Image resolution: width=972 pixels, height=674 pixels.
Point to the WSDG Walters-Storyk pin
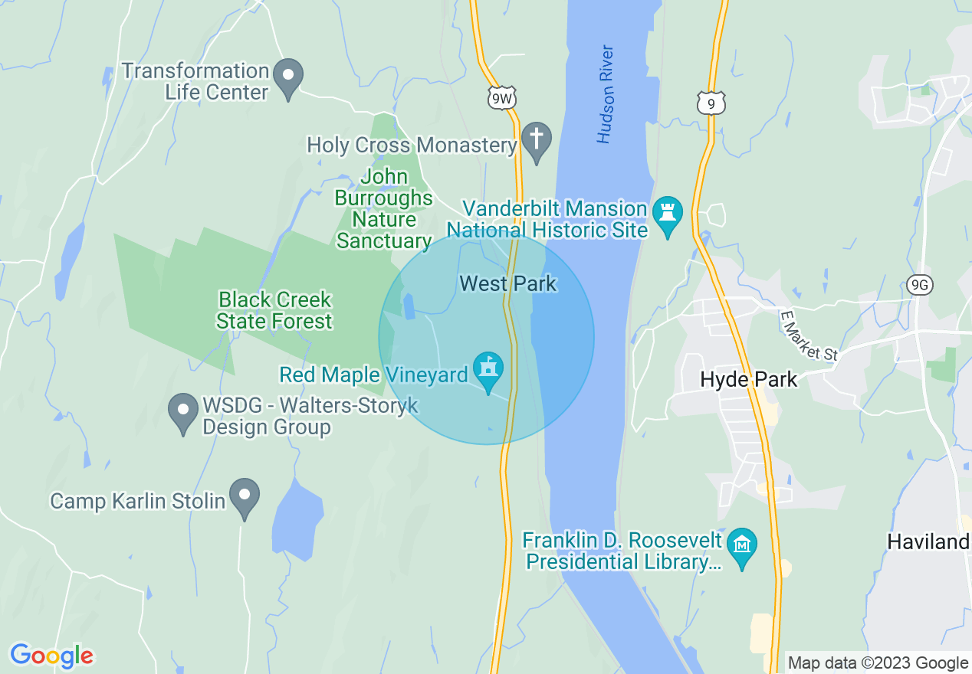click(x=183, y=411)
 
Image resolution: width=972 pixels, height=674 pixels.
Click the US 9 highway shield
click(x=711, y=102)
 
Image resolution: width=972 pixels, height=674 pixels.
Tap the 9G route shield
click(x=918, y=285)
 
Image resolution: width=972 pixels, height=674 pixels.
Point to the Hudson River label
click(x=606, y=94)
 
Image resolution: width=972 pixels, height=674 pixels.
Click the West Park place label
click(x=507, y=284)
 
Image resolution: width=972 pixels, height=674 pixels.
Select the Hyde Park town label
click(x=748, y=379)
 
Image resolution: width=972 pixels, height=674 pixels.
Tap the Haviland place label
click(x=928, y=542)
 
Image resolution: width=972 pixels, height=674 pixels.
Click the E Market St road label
click(x=808, y=335)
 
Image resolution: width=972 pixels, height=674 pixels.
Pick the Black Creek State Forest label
click(x=274, y=309)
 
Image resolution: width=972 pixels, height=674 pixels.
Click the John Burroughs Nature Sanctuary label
click(x=384, y=209)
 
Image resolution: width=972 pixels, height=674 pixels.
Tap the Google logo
click(x=51, y=655)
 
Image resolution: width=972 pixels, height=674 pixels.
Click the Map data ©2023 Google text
click(x=878, y=663)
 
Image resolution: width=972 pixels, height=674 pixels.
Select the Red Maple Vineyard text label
click(x=373, y=375)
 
